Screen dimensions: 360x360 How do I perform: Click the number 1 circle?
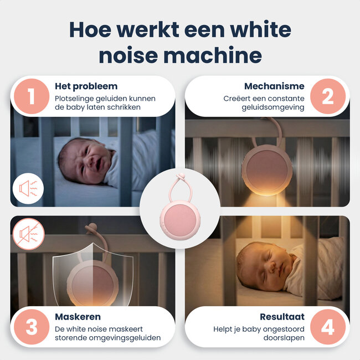point(31,96)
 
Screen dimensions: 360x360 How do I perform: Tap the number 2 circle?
point(328,96)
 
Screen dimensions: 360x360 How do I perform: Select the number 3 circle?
point(31,327)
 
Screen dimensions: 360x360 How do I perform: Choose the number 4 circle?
point(328,327)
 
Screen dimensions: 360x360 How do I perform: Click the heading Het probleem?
point(86,86)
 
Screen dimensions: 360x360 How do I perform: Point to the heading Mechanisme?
point(274,86)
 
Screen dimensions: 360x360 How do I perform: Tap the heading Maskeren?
point(78,317)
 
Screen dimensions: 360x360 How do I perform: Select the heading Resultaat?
point(282,317)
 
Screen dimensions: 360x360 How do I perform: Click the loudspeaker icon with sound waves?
point(28,189)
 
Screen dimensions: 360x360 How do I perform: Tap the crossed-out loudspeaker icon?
point(28,234)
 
